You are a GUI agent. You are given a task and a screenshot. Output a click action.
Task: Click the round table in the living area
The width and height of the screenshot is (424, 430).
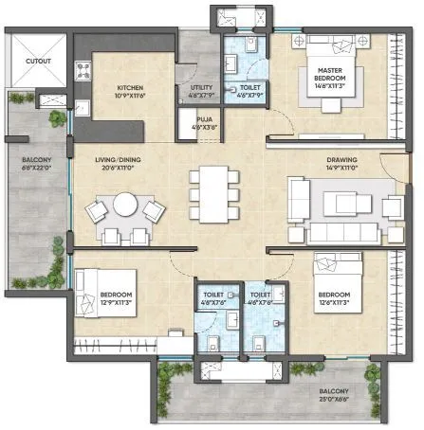[126, 204]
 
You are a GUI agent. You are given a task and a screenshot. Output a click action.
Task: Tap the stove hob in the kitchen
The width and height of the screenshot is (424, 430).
[83, 70]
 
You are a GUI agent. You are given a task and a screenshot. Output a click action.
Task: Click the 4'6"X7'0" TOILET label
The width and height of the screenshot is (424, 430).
[212, 298]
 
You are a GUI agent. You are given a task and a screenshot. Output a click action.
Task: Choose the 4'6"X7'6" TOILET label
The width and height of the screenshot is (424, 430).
[259, 298]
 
